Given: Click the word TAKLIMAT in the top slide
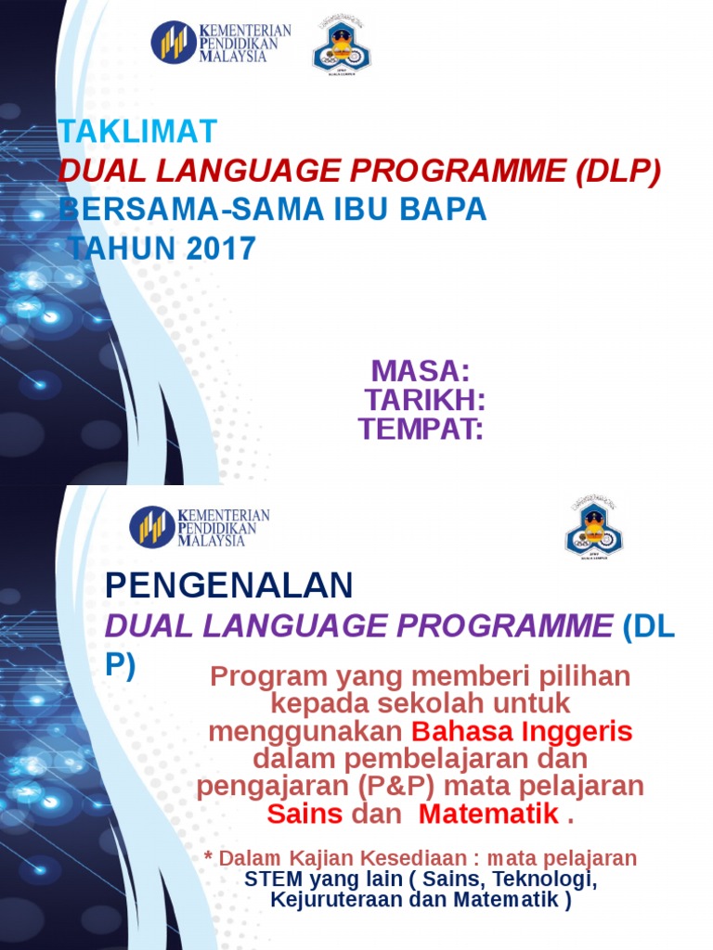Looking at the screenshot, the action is click(x=138, y=132).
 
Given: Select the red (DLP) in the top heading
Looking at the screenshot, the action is click(x=617, y=171).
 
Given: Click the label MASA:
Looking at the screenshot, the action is click(x=421, y=371).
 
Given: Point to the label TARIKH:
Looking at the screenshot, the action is click(x=425, y=400).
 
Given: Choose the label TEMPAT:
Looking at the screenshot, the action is click(x=421, y=429).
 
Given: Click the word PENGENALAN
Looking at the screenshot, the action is click(x=229, y=585).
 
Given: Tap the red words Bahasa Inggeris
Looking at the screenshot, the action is click(x=522, y=731).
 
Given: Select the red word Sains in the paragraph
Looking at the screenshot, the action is click(x=305, y=814).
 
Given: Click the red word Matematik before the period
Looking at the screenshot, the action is click(x=488, y=814).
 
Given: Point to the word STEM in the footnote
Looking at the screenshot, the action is click(x=272, y=879).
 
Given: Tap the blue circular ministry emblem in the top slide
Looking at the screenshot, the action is click(x=174, y=43).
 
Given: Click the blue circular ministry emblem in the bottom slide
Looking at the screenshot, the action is click(x=152, y=527).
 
